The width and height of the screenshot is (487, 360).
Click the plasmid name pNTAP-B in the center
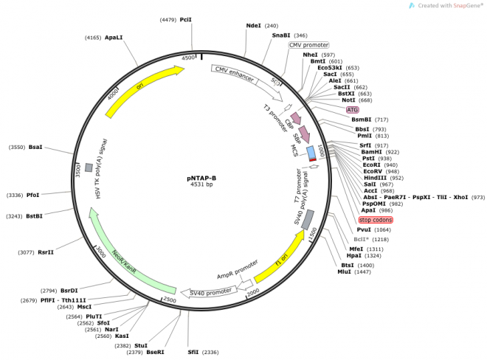coord(201,177)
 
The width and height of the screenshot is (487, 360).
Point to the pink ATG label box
coord(353,109)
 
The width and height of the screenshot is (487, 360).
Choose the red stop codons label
coord(376,220)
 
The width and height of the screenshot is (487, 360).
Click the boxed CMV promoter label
coord(308,44)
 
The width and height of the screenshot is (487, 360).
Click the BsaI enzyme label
coord(35,148)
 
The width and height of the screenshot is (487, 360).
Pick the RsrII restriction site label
coord(46,252)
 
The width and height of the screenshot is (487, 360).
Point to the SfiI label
coord(193,352)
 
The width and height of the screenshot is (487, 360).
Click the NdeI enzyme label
coord(254,25)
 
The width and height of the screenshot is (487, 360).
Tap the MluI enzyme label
coord(345,272)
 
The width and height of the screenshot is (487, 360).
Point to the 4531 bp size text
coord(201,184)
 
